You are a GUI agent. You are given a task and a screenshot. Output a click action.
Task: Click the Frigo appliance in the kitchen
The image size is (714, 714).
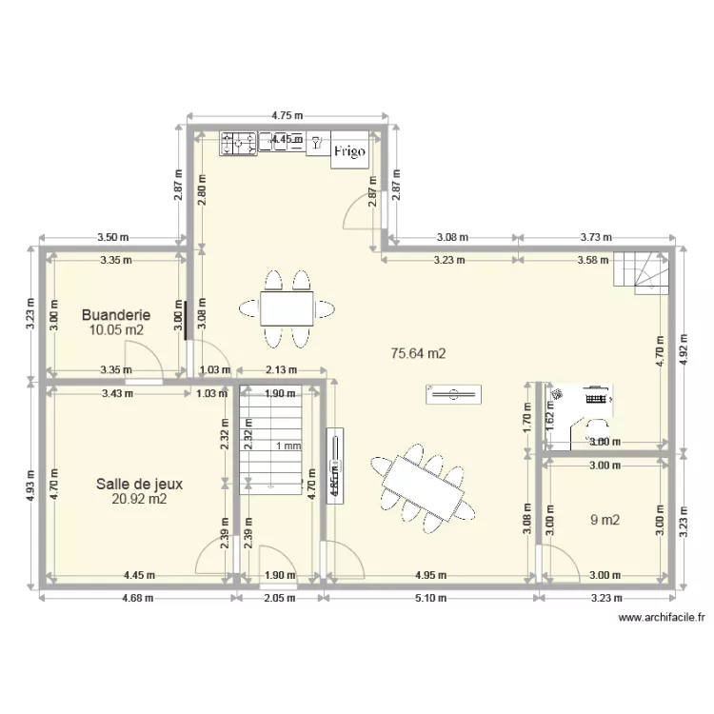[347, 150]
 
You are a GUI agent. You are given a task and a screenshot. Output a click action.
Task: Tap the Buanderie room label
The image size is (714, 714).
[116, 314]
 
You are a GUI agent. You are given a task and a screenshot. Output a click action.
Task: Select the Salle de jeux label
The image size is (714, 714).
[139, 483]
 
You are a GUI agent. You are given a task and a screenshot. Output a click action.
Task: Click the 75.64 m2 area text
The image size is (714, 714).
[419, 352]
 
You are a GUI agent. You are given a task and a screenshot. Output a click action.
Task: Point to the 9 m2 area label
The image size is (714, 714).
[605, 520]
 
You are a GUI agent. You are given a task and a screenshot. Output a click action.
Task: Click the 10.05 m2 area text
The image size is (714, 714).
[116, 330]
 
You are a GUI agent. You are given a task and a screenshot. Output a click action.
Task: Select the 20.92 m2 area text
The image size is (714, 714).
[139, 498]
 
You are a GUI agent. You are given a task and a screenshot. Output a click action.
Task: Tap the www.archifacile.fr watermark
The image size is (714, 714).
[662, 617]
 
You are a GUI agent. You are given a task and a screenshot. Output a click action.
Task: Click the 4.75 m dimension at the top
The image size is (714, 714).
[288, 115]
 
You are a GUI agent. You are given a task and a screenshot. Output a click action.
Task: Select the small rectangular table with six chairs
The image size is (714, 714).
[287, 308]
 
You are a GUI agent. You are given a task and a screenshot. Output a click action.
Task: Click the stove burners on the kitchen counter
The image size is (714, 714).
[238, 143]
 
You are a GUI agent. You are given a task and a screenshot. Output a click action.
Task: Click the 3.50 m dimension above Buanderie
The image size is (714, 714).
[110, 237]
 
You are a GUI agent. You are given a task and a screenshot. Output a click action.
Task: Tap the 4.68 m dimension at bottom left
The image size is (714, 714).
[137, 598]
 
